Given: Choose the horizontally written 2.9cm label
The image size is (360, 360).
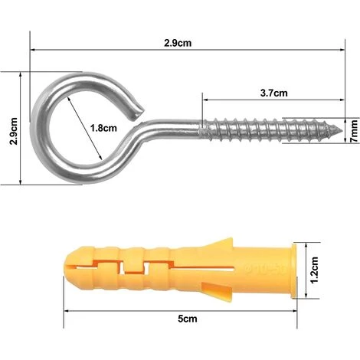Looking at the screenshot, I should click(x=178, y=43).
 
